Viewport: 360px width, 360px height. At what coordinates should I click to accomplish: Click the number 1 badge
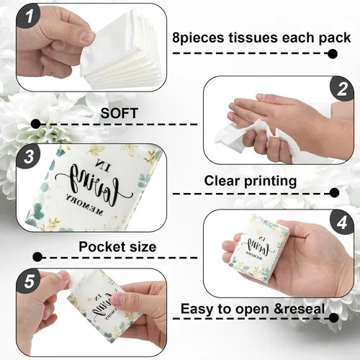pyautogui.click(x=29, y=17)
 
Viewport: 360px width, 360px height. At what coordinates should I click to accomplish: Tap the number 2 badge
pyautogui.click(x=341, y=89)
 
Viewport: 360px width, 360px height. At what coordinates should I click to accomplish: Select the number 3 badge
pyautogui.click(x=29, y=157)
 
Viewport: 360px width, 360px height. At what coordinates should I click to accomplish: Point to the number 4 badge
pyautogui.click(x=341, y=222)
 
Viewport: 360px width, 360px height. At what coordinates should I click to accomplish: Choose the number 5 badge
pyautogui.click(x=29, y=282)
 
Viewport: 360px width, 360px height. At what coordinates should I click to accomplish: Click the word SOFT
pyautogui.click(x=120, y=113)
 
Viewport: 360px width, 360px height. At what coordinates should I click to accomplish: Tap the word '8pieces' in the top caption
pyautogui.click(x=198, y=38)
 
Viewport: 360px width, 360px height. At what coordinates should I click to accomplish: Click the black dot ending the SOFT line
pyautogui.click(x=36, y=124)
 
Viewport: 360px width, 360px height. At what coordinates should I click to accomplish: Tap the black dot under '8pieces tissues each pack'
pyautogui.click(x=333, y=53)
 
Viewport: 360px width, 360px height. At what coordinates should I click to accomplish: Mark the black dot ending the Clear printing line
pyautogui.click(x=334, y=193)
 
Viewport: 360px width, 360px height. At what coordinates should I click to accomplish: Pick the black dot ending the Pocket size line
pyautogui.click(x=37, y=258)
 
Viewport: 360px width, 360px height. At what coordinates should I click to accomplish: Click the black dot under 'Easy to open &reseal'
pyautogui.click(x=333, y=318)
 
